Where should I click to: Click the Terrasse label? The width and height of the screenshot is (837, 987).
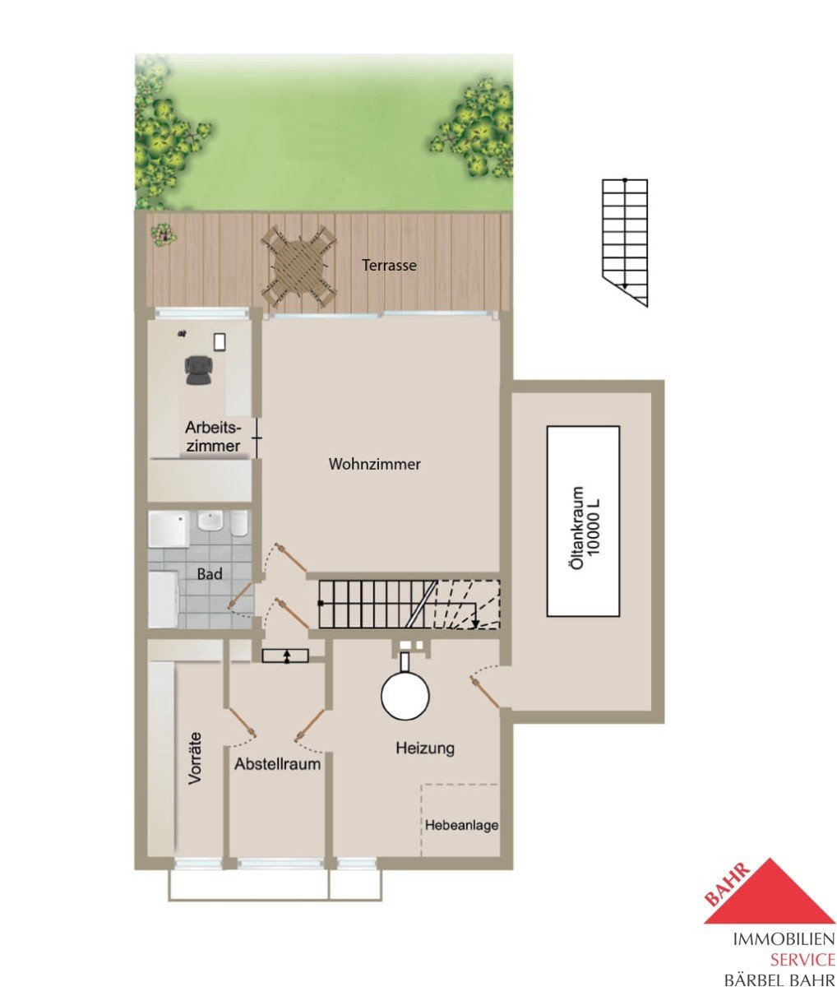389,265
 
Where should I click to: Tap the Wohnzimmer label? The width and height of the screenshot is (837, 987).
374,464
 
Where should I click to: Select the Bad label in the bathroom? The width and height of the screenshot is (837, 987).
210,573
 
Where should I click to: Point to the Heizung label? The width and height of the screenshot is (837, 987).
425,748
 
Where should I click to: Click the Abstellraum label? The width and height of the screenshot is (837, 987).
277,764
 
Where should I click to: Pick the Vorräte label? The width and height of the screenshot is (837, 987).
195,758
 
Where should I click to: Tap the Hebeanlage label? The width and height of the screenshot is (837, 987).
462,825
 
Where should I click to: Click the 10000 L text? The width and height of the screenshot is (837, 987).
595,528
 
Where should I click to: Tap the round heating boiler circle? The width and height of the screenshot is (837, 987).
405,696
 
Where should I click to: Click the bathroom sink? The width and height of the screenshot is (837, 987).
210,521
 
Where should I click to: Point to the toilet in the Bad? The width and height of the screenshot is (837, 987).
239,524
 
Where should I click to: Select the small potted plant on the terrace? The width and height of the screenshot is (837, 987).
164,234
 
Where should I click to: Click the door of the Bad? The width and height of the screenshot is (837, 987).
241,595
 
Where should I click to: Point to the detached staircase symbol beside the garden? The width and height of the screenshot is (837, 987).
625,243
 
